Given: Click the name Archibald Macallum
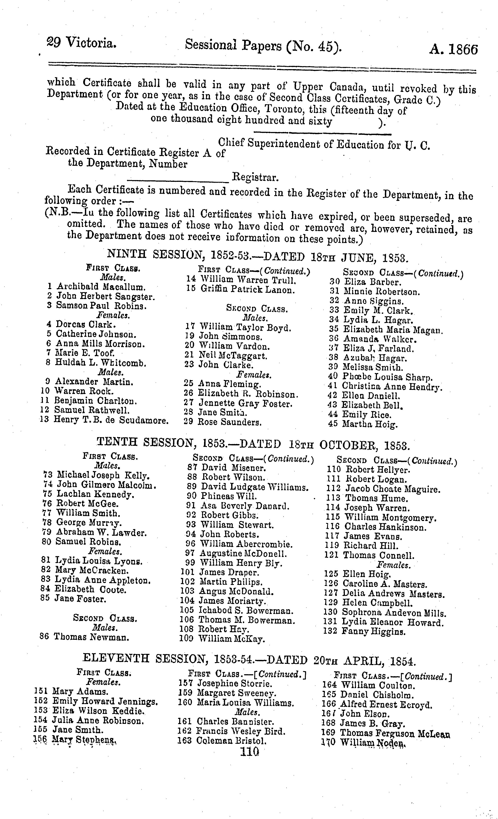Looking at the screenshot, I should pyautogui.click(x=101, y=287).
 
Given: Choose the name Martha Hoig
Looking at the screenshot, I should pyautogui.click(x=370, y=424).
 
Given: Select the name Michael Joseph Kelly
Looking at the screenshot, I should pyautogui.click(x=103, y=475).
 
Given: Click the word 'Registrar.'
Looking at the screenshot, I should pyautogui.click(x=255, y=177).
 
